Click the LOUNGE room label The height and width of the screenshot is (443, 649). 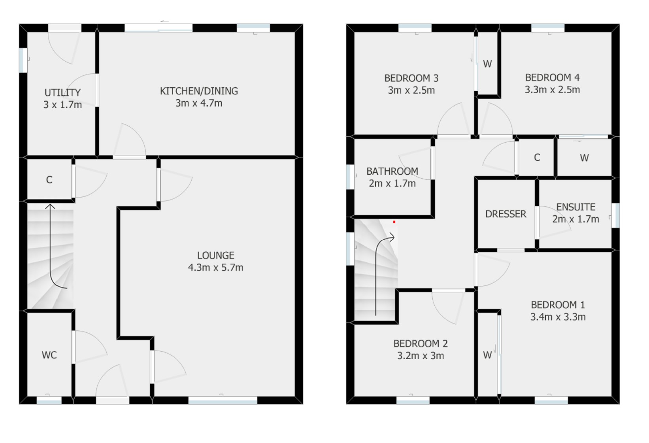pos(216,255)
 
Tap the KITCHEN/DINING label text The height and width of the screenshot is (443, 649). pos(199,91)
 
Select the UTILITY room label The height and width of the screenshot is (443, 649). pos(62,93)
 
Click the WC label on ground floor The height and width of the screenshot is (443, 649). pos(49,355)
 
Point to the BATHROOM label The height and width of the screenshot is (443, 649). pos(392,171)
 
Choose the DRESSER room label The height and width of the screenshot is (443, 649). pos(506,214)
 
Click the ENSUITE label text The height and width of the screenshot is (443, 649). pos(575,207)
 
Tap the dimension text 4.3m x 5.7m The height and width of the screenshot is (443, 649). pos(215,268)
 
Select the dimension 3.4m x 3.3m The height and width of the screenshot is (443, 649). pos(558,317)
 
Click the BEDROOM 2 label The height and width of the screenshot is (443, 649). pos(421,343)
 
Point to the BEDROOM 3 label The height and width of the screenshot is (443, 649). pos(411,78)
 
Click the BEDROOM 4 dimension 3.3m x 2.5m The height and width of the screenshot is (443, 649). pos(552,90)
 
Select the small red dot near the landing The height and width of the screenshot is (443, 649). pos(394,222)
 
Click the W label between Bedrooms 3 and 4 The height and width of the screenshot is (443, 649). pos(487,64)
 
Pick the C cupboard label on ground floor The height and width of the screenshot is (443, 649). pos(49,180)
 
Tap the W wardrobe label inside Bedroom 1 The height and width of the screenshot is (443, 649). pos(487,355)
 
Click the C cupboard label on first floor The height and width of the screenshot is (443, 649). pos(537,157)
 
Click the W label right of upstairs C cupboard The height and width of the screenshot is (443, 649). pos(584,158)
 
